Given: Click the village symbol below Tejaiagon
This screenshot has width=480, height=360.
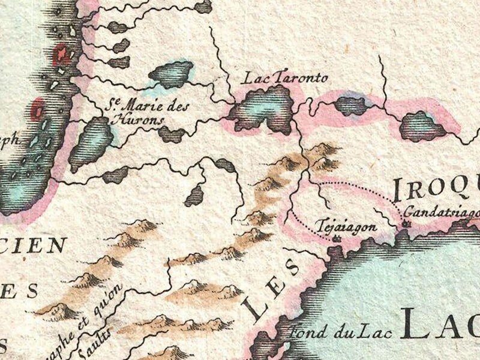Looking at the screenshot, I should coord(336,239).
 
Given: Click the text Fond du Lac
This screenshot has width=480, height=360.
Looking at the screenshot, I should coord(322,331).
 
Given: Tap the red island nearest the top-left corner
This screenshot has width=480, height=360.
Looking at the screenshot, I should coord(61,56).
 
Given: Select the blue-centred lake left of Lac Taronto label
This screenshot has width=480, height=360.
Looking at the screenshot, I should coord(171,73).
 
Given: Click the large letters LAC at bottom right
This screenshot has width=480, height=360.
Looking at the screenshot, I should coord(441,324).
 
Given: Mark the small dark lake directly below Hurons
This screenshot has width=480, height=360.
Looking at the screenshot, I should coord(172,134).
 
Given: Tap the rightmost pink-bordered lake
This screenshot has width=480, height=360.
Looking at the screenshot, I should coord(423,126).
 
